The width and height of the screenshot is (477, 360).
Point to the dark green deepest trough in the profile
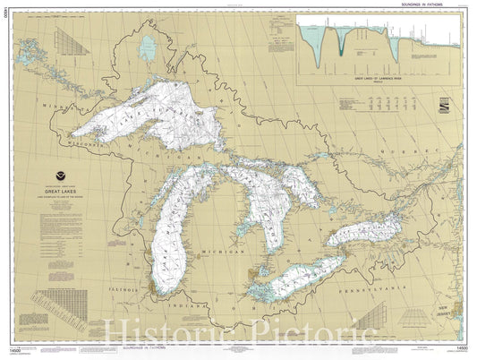340,49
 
